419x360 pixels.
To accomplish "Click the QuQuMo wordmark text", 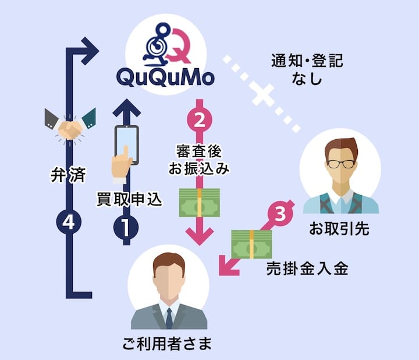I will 165,77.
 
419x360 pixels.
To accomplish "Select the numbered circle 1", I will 126,226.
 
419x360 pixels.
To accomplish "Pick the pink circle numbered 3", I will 280,214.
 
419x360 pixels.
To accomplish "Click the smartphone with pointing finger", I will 126,150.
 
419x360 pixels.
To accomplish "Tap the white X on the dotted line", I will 262,94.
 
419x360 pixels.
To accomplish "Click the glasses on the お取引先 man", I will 340,163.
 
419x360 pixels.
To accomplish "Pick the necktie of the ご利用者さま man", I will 169,318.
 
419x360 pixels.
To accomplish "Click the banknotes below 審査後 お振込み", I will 199,202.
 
